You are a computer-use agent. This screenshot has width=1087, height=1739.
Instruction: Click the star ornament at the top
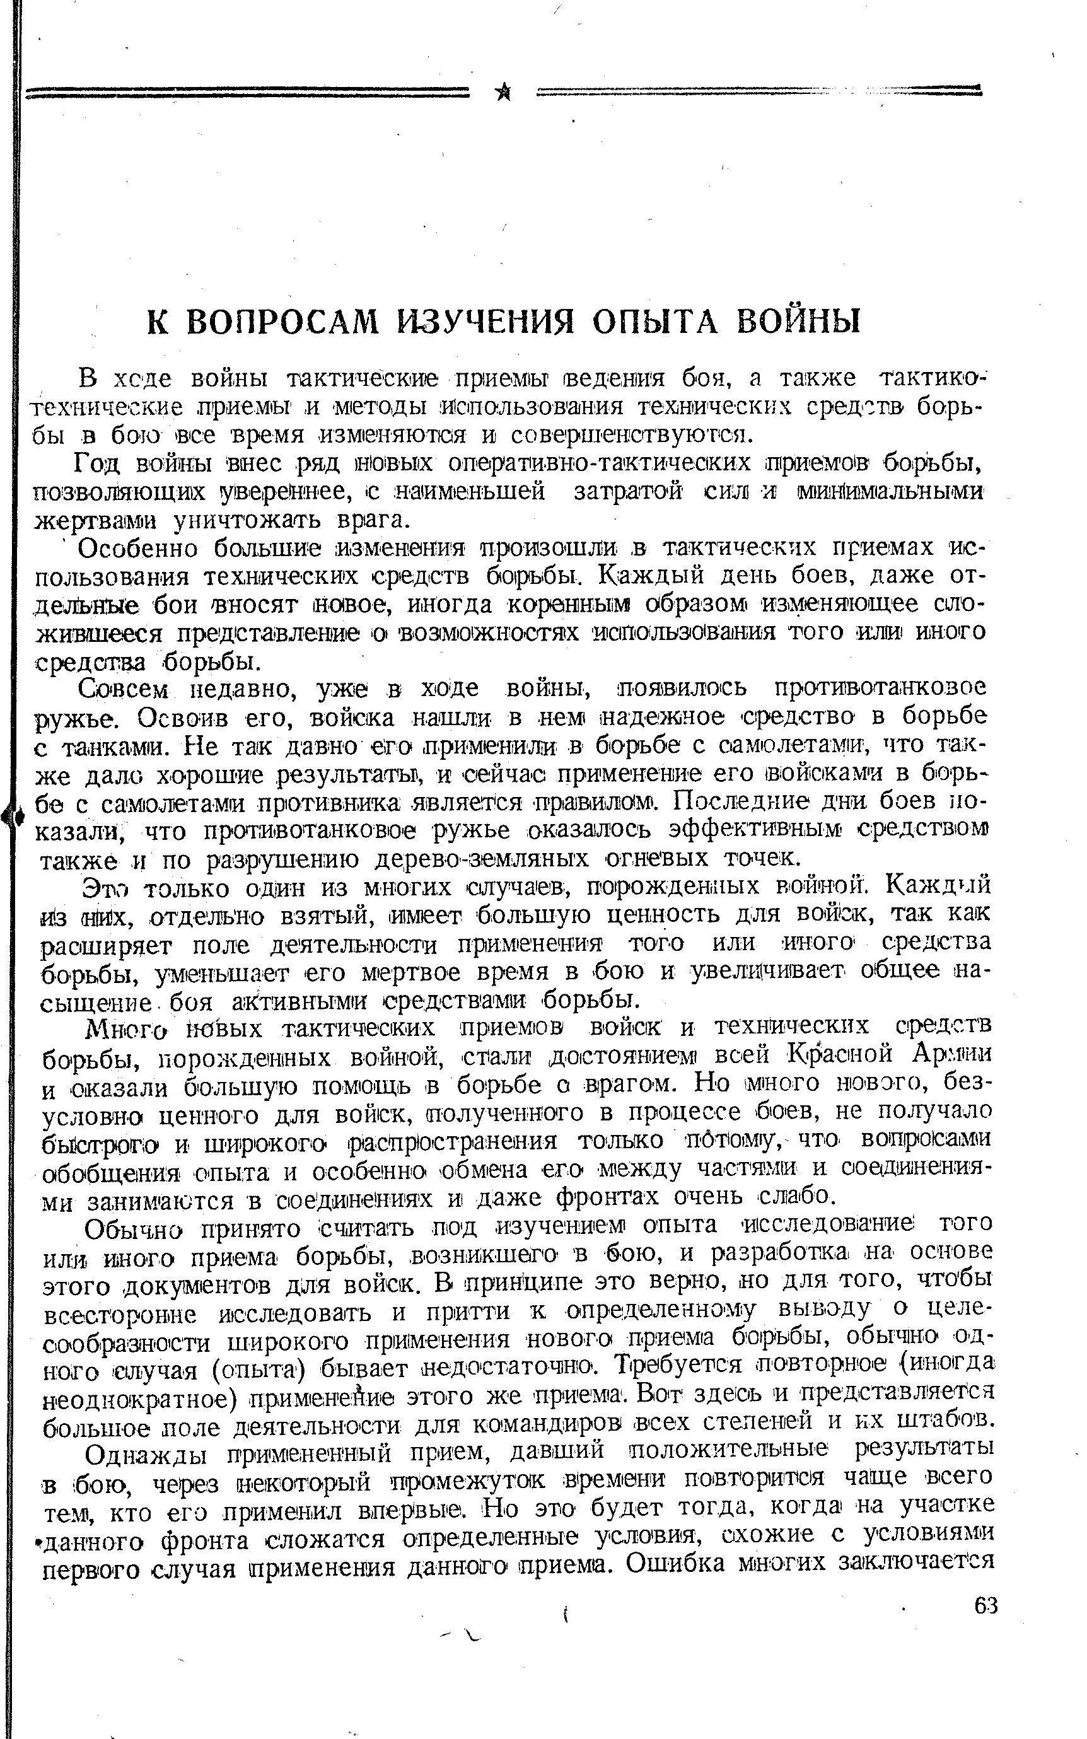504,93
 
